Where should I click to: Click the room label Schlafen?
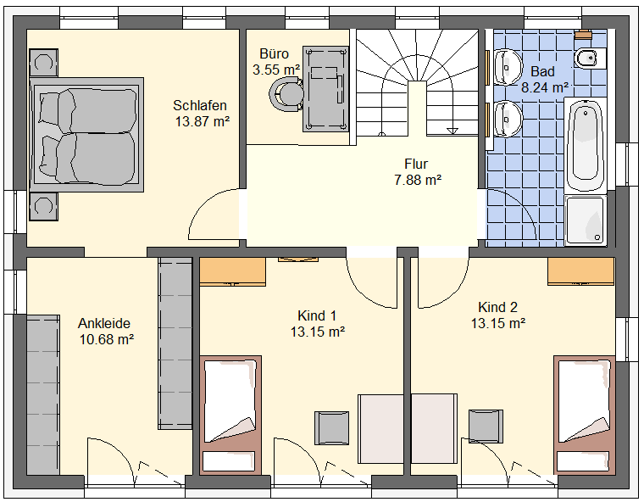[200, 106]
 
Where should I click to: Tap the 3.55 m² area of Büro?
[276, 70]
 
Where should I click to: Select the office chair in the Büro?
[286, 94]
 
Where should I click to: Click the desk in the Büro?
[325, 89]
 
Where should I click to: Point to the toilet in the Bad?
[591, 59]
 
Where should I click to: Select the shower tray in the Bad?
[586, 220]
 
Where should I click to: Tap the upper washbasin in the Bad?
[508, 67]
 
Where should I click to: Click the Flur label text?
[416, 164]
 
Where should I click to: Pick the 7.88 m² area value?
[418, 180]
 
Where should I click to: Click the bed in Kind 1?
[230, 415]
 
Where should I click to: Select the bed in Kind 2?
[585, 415]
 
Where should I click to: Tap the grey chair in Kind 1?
[332, 428]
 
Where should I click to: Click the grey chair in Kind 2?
[486, 427]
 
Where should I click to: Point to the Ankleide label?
[104, 324]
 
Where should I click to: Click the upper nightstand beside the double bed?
[43, 63]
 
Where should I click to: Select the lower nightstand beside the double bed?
[43, 206]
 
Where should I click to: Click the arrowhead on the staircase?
[452, 131]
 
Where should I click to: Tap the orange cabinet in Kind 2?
[581, 271]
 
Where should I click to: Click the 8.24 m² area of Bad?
[545, 87]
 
